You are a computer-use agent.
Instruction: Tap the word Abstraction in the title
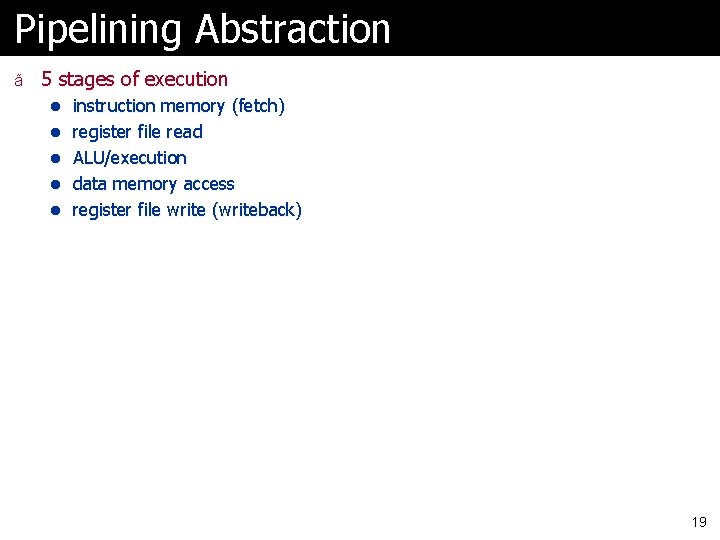click(x=293, y=30)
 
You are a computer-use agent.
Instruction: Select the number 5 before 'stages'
click(x=47, y=79)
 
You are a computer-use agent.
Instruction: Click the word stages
click(x=86, y=79)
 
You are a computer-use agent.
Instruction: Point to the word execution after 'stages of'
click(x=186, y=79)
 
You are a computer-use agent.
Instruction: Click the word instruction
click(x=114, y=106)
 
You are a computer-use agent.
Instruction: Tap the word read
click(x=185, y=132)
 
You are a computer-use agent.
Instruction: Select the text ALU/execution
click(x=129, y=158)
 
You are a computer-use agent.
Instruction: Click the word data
click(x=90, y=184)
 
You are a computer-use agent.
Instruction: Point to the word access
click(x=210, y=184)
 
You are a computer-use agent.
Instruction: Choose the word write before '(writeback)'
click(x=185, y=210)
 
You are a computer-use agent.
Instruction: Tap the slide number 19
click(x=699, y=522)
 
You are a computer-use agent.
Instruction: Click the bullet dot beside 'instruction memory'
click(x=57, y=106)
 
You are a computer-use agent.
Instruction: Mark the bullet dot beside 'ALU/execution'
click(x=57, y=158)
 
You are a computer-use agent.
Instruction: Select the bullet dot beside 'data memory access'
click(x=57, y=184)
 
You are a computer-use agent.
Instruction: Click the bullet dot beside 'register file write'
click(x=57, y=210)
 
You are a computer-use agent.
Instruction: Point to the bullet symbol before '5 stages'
click(x=18, y=80)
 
